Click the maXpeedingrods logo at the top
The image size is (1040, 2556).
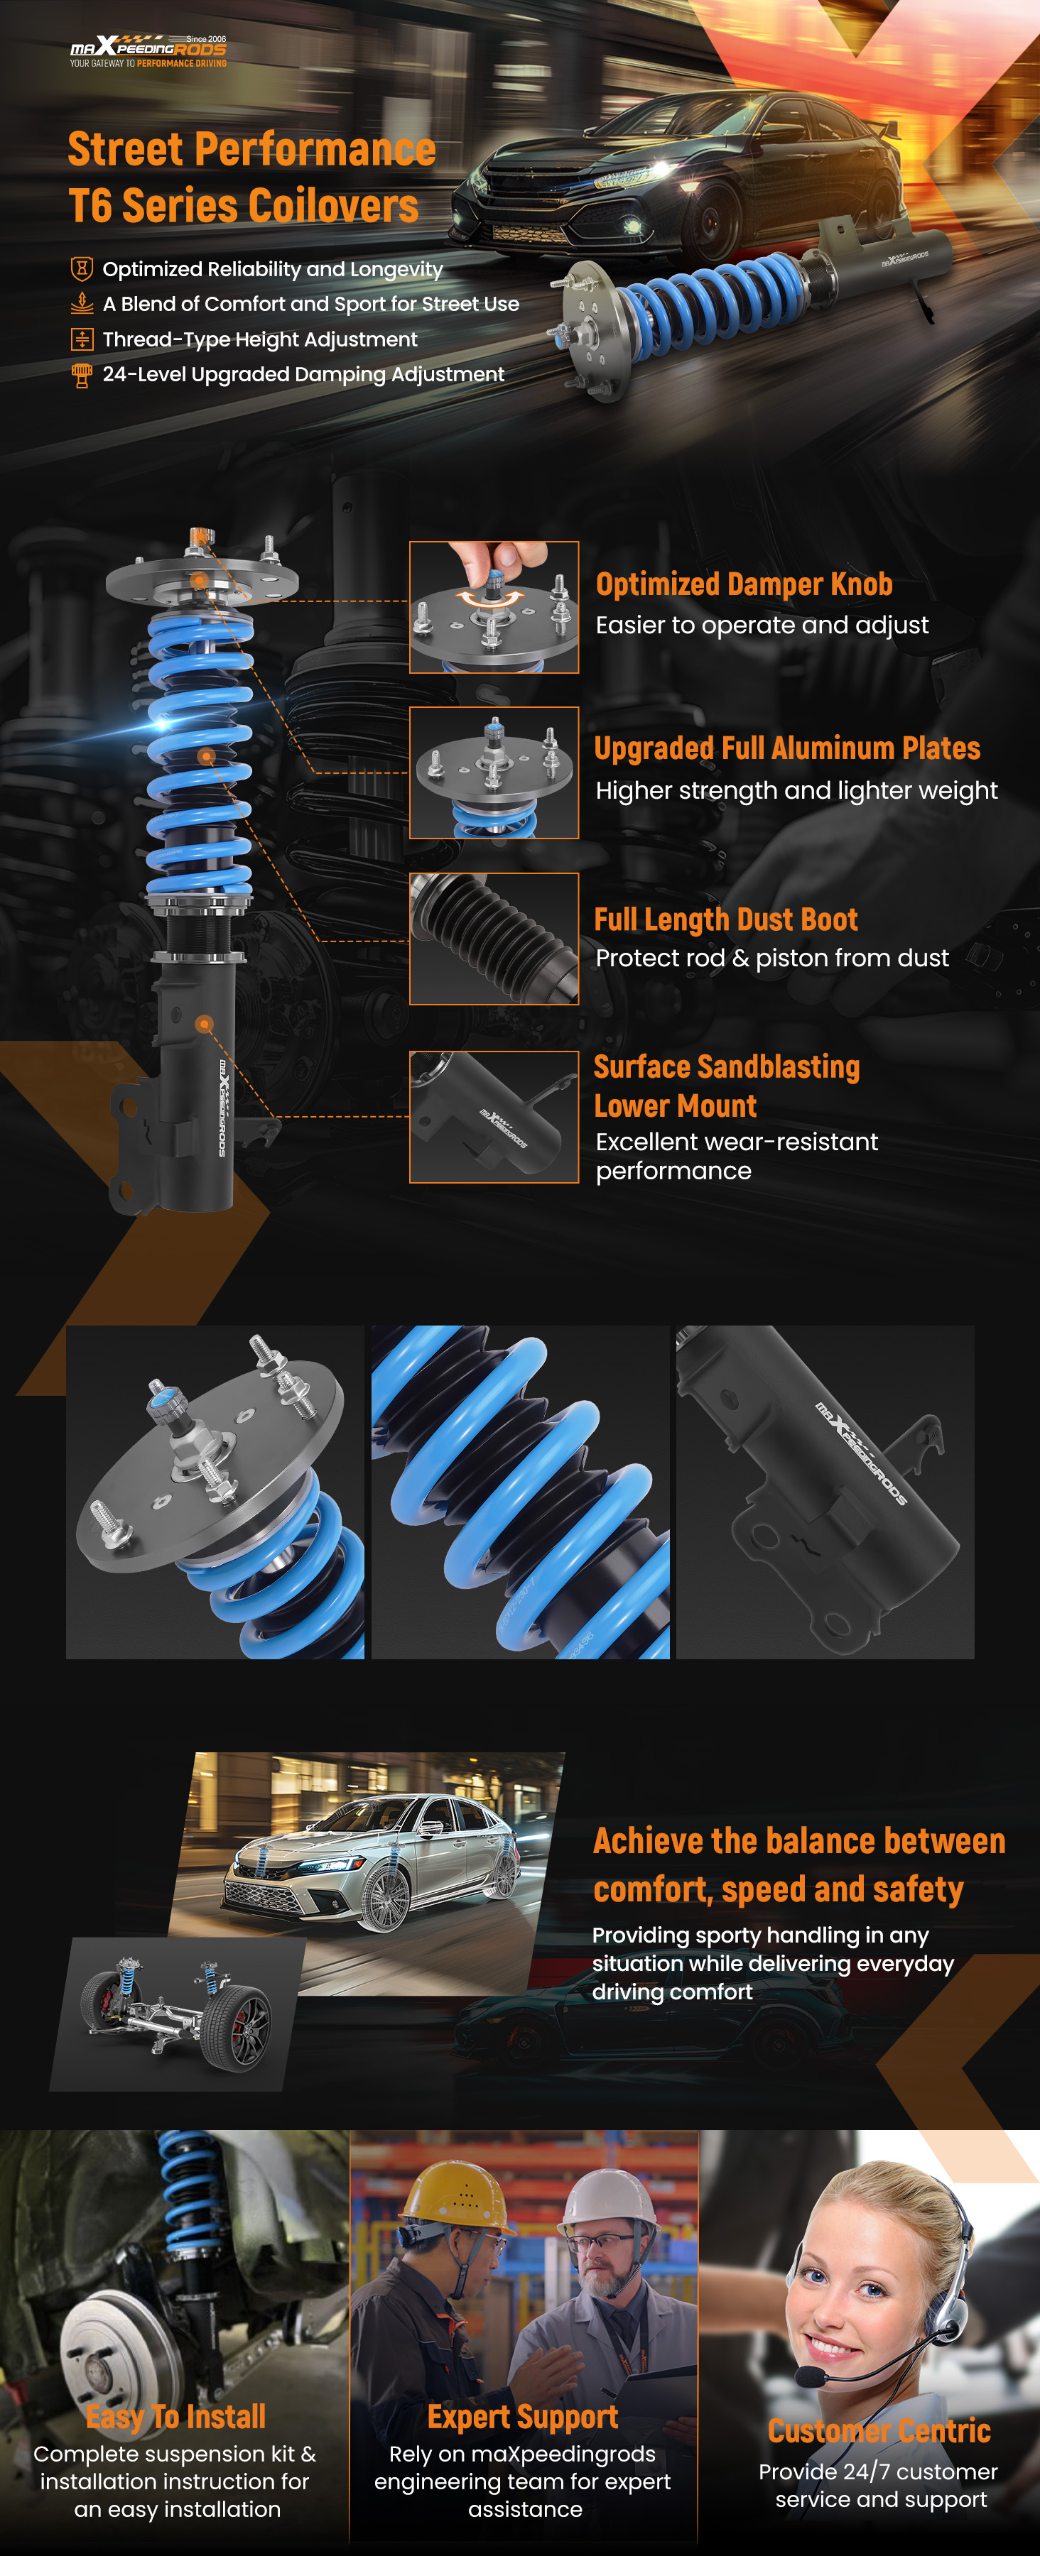pyautogui.click(x=148, y=50)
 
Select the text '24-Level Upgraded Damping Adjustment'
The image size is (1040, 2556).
pyautogui.click(x=303, y=374)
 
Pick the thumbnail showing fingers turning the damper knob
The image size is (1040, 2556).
pyautogui.click(x=494, y=607)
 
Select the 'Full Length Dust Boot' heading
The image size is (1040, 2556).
pyautogui.click(x=725, y=919)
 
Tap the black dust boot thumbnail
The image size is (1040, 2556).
pyautogui.click(x=494, y=939)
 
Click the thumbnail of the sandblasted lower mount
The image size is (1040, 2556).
pyautogui.click(x=494, y=1118)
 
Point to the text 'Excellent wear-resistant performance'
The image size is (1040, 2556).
pyautogui.click(x=737, y=1156)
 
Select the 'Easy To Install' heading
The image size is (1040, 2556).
pyautogui.click(x=175, y=2417)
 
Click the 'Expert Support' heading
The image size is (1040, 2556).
pyautogui.click(x=523, y=2417)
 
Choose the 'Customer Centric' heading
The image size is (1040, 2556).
pyautogui.click(x=879, y=2431)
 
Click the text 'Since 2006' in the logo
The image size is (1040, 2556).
pyautogui.click(x=207, y=40)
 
